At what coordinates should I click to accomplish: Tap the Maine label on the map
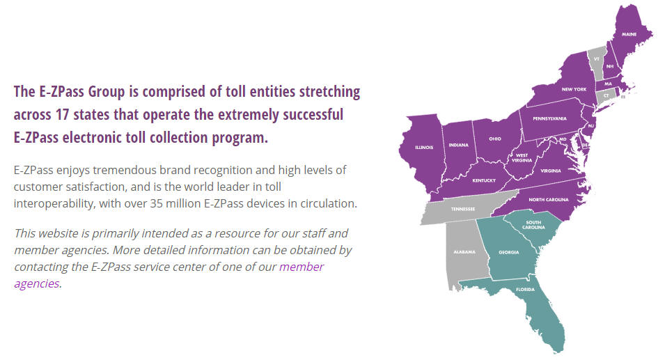[x=629, y=34]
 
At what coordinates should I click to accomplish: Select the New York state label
[x=574, y=89]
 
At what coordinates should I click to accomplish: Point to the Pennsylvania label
[x=550, y=119]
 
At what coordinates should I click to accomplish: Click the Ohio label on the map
[x=495, y=139]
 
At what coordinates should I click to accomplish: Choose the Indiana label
[x=458, y=145]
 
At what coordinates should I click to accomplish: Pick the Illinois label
[x=424, y=148]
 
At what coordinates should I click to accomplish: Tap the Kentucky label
[x=484, y=181]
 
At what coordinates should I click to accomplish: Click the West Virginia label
[x=522, y=158]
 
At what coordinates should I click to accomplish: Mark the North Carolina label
[x=549, y=200]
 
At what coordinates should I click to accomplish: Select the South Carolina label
[x=533, y=225]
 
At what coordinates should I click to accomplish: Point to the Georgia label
[x=508, y=253]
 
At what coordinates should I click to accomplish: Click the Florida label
[x=526, y=290]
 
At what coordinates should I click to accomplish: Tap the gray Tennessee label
[x=463, y=209]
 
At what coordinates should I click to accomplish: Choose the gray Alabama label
[x=464, y=252]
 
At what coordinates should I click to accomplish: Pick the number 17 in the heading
[x=62, y=114]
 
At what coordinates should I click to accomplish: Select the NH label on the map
[x=610, y=66]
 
